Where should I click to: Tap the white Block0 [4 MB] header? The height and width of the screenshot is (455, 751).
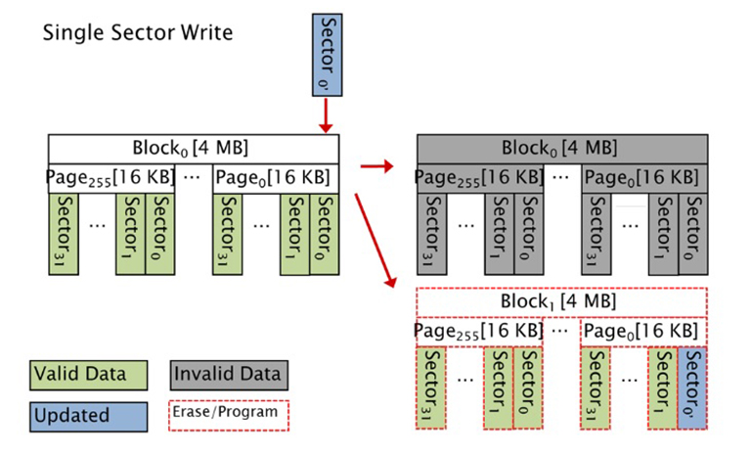[193, 149]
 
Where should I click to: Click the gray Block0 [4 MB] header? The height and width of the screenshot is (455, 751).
[560, 149]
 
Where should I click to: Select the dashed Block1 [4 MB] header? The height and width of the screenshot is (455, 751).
[560, 301]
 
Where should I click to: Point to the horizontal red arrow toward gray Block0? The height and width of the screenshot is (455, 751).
[377, 165]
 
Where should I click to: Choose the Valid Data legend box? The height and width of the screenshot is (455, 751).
[88, 374]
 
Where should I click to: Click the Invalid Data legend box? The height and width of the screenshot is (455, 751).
[229, 374]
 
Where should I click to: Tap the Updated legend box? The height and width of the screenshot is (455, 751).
[88, 415]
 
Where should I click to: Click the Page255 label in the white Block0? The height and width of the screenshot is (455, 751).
[100, 178]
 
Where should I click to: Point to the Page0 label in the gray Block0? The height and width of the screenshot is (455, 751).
[640, 178]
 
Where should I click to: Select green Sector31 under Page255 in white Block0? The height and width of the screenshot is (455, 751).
[64, 234]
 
